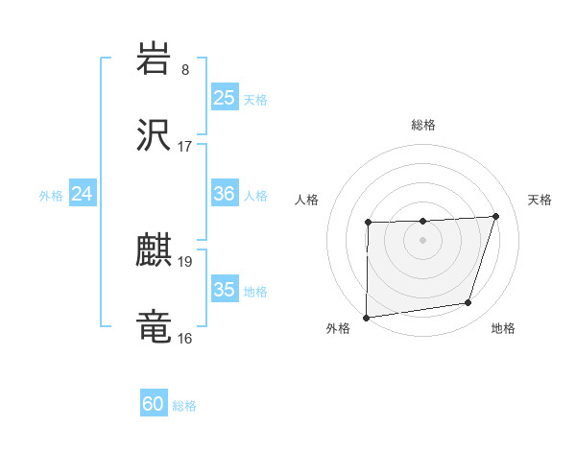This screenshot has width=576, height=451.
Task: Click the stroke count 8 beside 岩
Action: point(185,69)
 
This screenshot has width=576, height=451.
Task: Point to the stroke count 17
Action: point(185,148)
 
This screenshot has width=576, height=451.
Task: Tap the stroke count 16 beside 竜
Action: point(185,339)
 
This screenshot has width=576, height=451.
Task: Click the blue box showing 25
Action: point(224,98)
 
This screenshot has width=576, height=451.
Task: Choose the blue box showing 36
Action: point(224,194)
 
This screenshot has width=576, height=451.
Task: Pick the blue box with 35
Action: point(224,290)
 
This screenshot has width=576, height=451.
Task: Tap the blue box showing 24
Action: point(83,194)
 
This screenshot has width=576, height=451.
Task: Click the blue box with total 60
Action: point(154,404)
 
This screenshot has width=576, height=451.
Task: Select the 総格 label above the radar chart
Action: point(422,125)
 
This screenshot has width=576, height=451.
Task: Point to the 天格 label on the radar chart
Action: point(540,200)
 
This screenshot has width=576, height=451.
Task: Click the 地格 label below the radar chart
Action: point(503,328)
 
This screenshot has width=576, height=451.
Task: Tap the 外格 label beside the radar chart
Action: point(338,328)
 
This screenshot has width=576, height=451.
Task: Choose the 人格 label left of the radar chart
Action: point(307,200)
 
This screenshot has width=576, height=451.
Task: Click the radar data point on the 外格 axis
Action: point(366,318)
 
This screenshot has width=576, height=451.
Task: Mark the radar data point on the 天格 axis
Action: point(495,216)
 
